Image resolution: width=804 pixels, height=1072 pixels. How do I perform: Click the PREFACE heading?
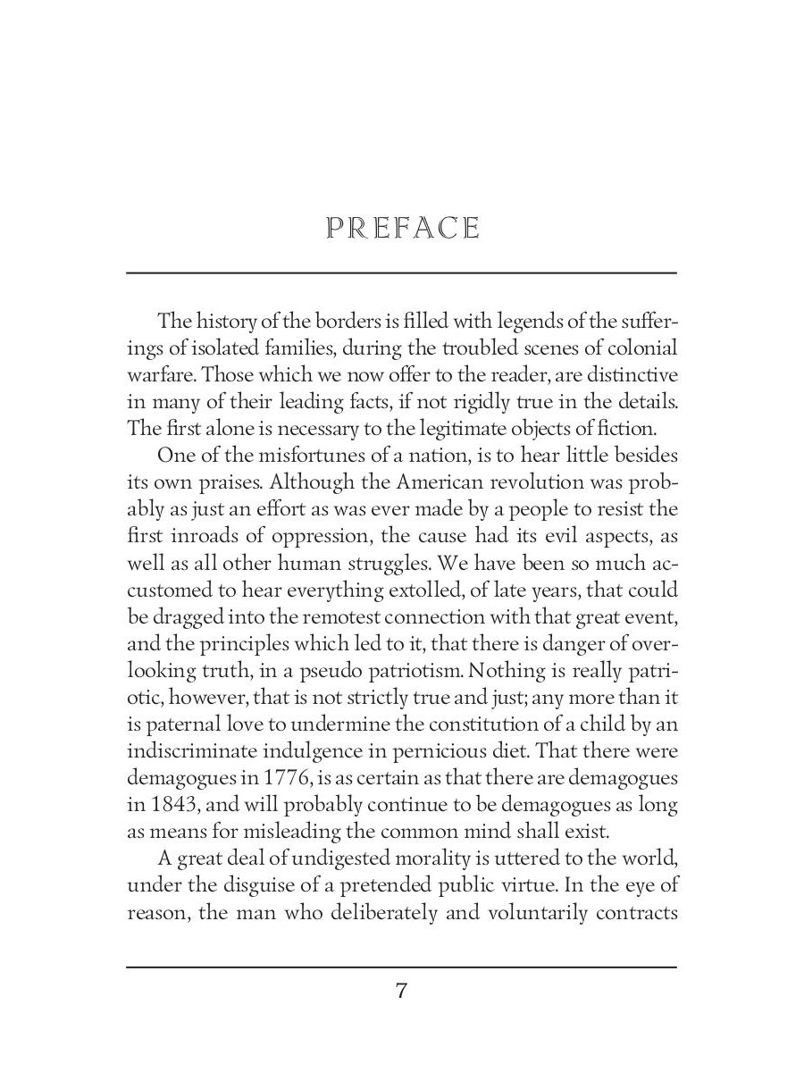(403, 229)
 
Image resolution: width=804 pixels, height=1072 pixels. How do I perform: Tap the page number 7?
(401, 991)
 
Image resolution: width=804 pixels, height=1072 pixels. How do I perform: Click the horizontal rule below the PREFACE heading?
(401, 272)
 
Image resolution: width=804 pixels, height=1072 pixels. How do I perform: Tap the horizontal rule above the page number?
(401, 967)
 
